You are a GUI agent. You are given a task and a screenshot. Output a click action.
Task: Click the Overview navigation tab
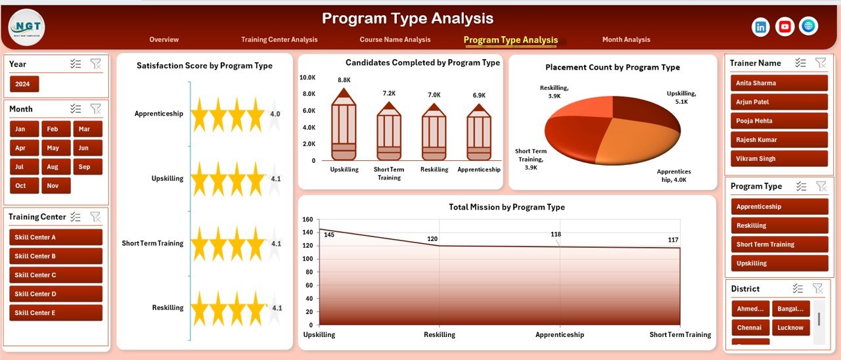tap(164, 39)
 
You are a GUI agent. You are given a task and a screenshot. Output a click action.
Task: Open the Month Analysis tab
tap(625, 39)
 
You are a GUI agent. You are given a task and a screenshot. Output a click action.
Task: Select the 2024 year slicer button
tap(24, 84)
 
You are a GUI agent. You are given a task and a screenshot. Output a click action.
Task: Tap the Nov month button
tap(56, 186)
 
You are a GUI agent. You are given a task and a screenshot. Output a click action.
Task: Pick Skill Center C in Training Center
tap(56, 275)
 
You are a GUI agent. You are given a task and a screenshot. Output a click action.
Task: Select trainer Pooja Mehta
tap(779, 121)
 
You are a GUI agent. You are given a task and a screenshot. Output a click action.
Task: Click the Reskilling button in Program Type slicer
tap(779, 225)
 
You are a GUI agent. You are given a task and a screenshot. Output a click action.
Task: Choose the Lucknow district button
tap(790, 328)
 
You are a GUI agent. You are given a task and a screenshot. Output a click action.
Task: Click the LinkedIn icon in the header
tap(761, 27)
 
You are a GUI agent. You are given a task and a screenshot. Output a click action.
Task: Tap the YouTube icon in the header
tap(784, 27)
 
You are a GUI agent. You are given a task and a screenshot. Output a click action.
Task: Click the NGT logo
tap(27, 27)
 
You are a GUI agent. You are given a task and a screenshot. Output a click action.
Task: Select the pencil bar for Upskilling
tap(344, 129)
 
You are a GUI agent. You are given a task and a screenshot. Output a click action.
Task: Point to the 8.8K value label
tap(344, 80)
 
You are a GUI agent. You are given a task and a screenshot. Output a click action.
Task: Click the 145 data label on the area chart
tap(329, 235)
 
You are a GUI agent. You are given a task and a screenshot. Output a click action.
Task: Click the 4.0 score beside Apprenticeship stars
tap(275, 114)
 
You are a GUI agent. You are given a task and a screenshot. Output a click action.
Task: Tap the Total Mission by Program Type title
tap(507, 207)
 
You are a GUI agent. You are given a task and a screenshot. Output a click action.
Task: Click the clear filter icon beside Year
tap(96, 64)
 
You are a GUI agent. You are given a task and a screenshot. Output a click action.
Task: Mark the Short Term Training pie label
tap(531, 160)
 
